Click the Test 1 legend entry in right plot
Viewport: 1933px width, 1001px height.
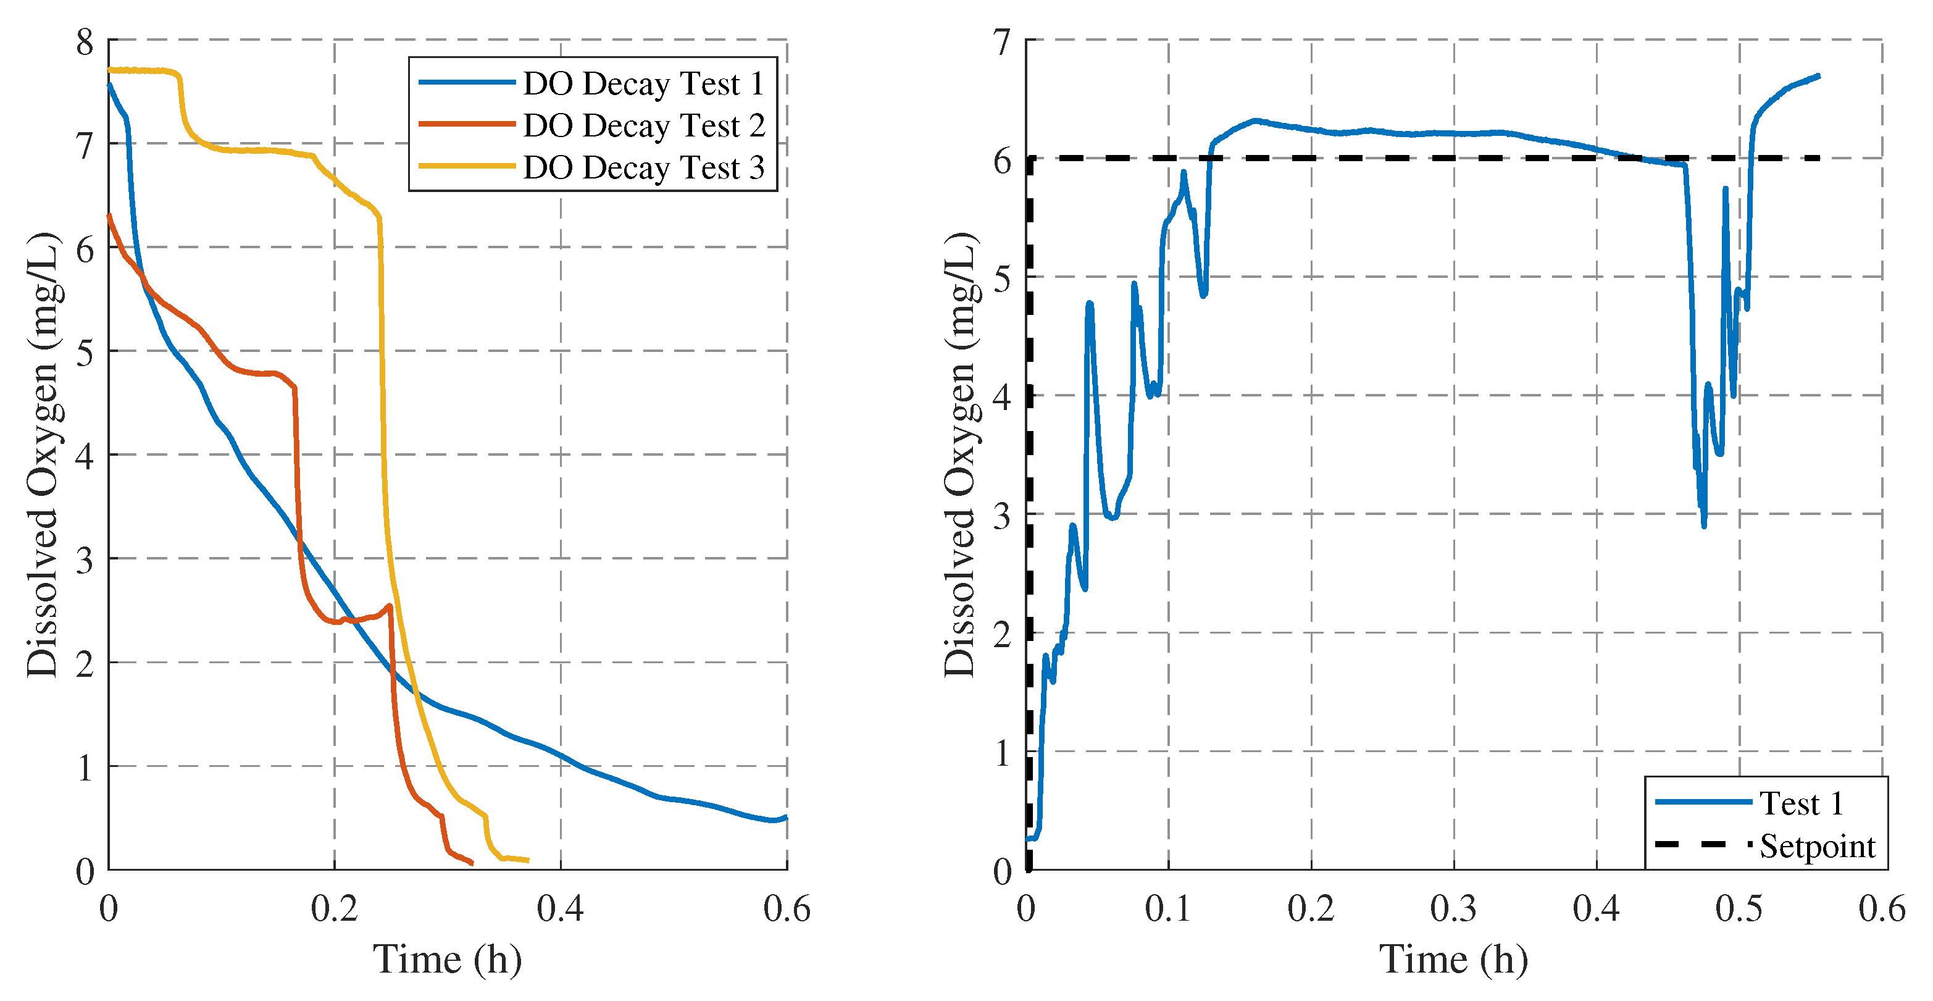click(1800, 803)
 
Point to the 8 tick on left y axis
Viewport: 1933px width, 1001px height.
click(85, 43)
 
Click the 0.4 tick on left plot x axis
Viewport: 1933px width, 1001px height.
click(560, 909)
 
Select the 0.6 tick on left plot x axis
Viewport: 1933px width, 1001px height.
click(787, 909)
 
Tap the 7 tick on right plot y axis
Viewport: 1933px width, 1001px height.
click(1003, 43)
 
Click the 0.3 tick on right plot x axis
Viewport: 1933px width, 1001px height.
click(1453, 909)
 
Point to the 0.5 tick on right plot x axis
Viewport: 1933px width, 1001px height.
click(1739, 909)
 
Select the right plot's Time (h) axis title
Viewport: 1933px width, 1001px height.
click(1453, 960)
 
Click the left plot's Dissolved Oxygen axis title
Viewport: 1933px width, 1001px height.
click(43, 454)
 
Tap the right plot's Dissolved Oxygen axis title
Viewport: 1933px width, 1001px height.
click(960, 454)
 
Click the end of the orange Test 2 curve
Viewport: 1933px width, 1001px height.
click(472, 864)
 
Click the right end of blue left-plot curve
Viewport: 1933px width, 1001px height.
click(786, 817)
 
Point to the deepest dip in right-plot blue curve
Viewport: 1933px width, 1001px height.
click(1704, 526)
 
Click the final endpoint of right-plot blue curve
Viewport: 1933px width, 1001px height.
click(1819, 76)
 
